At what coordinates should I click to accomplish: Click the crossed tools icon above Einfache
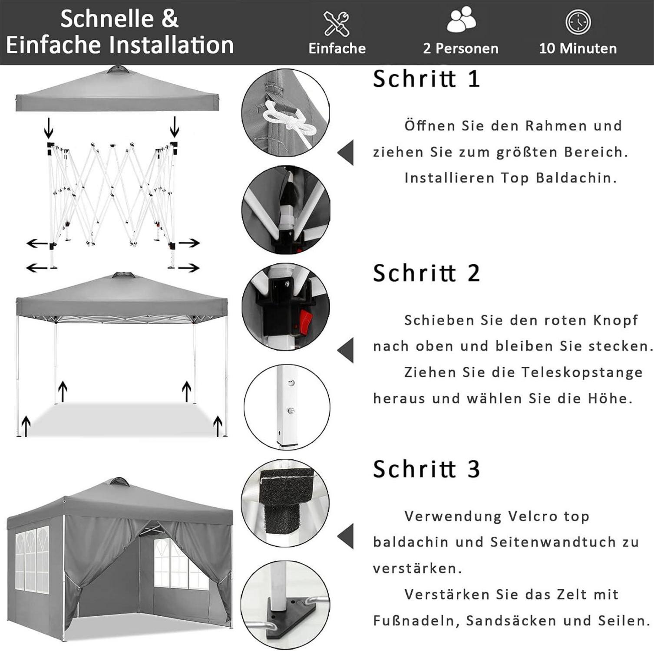tap(337, 23)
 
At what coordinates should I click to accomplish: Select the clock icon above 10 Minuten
tap(578, 22)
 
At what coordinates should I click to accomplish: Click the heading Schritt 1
tap(426, 79)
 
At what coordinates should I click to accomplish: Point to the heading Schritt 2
tap(426, 273)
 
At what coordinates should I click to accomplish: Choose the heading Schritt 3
tap(426, 469)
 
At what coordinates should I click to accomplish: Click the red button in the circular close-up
tap(306, 320)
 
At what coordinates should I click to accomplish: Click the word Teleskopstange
tap(582, 372)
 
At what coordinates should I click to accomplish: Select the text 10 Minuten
tap(578, 48)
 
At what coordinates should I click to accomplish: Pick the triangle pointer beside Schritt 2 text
tap(346, 350)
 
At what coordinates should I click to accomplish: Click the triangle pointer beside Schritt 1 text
tap(346, 152)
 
